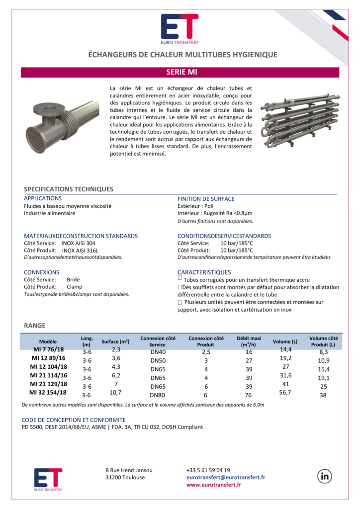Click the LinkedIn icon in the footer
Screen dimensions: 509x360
pyautogui.click(x=326, y=476)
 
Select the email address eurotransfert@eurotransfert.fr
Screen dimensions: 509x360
pyautogui.click(x=225, y=477)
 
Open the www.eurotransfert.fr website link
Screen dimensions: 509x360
pyautogui.click(x=213, y=485)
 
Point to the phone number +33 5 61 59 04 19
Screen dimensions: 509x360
pyautogui.click(x=208, y=470)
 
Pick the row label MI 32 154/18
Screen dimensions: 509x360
pyautogui.click(x=48, y=393)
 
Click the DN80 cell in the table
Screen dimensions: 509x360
pyautogui.click(x=158, y=395)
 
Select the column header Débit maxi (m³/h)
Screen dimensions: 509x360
pyautogui.click(x=245, y=341)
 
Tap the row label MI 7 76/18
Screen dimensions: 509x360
pyautogui.click(x=48, y=350)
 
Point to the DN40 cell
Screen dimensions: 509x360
pyautogui.click(x=158, y=352)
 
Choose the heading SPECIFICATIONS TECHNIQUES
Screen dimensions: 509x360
pyautogui.click(x=69, y=189)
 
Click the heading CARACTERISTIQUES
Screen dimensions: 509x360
pyautogui.click(x=204, y=272)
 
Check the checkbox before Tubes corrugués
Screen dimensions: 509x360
pyautogui.click(x=180, y=279)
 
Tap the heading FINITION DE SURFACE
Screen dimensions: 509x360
pyautogui.click(x=206, y=199)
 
